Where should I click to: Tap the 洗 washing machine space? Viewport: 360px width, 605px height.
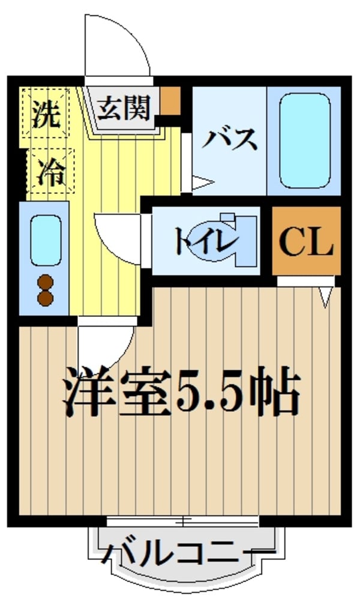(x=47, y=114)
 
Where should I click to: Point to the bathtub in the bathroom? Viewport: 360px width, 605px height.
(x=305, y=139)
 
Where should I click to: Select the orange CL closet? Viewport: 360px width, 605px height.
(x=306, y=241)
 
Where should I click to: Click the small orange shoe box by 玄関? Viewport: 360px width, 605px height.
(x=170, y=100)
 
